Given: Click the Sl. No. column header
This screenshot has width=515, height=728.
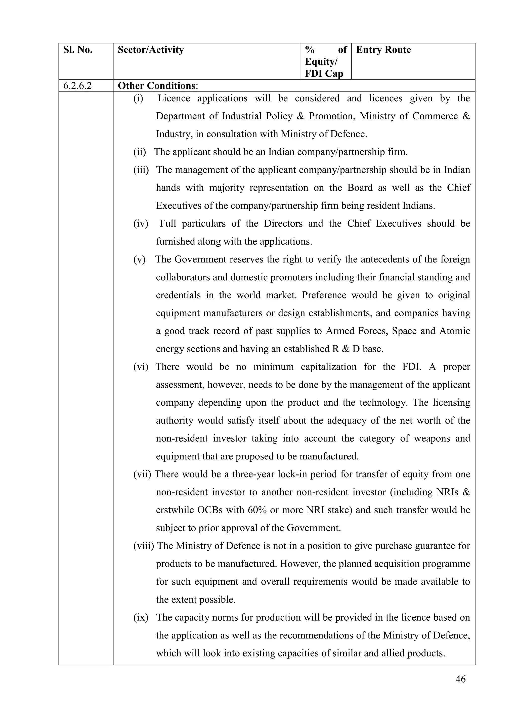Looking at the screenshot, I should tap(78, 50).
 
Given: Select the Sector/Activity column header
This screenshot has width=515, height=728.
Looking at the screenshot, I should tap(151, 50).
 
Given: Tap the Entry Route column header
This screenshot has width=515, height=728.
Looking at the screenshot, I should tap(383, 50).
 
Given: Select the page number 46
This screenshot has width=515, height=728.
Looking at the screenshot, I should tap(460, 679).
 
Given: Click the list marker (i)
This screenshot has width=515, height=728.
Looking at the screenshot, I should tap(138, 99).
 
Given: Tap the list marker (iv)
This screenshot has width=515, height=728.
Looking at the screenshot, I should tap(141, 224).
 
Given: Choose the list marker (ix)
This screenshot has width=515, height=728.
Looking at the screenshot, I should tap(141, 617).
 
